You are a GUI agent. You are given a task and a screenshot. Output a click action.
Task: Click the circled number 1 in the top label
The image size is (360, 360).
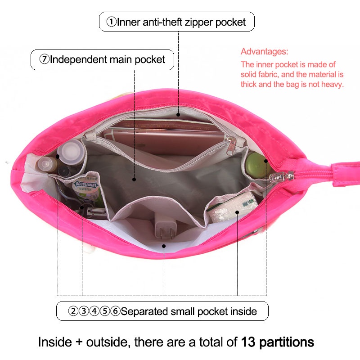pyautogui.click(x=111, y=22)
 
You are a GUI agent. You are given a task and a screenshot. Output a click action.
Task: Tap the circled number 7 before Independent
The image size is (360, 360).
pyautogui.click(x=44, y=59)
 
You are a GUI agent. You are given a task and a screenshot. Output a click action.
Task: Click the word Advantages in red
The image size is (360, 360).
pyautogui.click(x=264, y=51)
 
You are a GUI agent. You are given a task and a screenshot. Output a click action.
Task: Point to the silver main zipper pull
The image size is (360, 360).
pyautogui.click(x=282, y=177)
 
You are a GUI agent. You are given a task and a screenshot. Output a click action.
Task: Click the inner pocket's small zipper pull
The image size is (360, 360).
pyautogui.click(x=230, y=146)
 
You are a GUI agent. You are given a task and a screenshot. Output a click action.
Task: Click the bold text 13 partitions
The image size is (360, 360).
pyautogui.click(x=277, y=342)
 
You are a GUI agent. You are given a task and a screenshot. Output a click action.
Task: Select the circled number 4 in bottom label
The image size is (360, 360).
pyautogui.click(x=94, y=311)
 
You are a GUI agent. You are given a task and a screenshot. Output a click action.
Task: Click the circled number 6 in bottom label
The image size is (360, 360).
pyautogui.click(x=115, y=311)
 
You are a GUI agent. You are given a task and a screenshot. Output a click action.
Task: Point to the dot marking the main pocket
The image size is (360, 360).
pyautogui.click(x=134, y=179)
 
